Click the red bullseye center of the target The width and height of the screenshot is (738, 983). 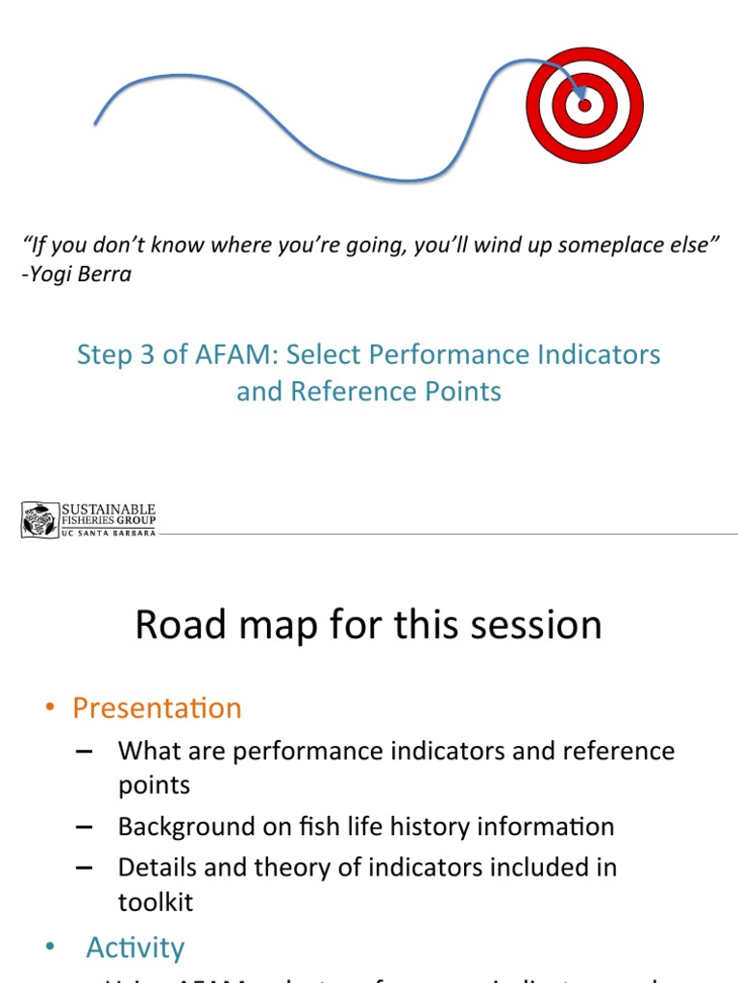tap(584, 105)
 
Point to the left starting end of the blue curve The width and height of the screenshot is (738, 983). tap(95, 123)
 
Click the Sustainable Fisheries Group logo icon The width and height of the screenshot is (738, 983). tap(40, 519)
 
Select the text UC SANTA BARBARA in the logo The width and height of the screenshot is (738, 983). tap(108, 534)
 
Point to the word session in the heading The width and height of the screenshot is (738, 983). tap(531, 625)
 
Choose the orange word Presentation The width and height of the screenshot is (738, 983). tap(157, 708)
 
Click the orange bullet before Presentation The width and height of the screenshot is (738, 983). tap(50, 708)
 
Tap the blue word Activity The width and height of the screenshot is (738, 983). tap(135, 947)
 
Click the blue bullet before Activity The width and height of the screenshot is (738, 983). tap(50, 947)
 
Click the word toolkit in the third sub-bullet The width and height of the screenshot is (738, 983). tap(156, 902)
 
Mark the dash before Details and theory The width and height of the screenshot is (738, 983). tap(84, 868)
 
